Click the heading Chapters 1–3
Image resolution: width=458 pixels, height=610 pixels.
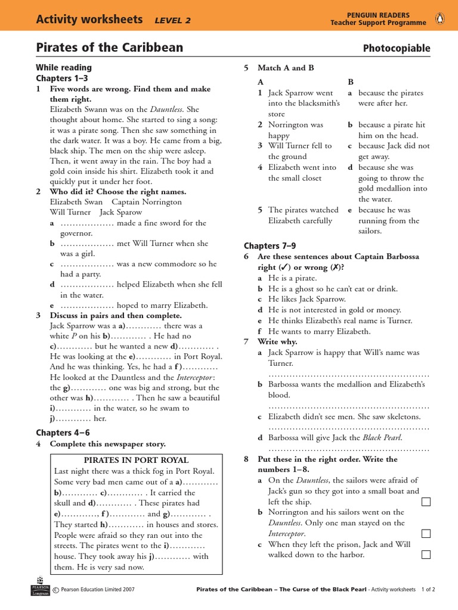click(62, 78)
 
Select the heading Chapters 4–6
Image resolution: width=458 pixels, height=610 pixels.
click(63, 432)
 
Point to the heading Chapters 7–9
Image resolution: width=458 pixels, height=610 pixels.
click(270, 245)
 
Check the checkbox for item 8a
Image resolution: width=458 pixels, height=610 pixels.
click(426, 502)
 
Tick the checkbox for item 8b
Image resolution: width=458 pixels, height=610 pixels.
click(426, 534)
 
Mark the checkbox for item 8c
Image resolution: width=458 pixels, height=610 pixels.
click(426, 555)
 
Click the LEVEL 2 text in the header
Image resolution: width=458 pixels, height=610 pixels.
click(172, 20)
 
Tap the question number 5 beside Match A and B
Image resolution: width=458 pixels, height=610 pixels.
click(246, 68)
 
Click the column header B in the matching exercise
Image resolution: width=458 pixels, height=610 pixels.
click(351, 81)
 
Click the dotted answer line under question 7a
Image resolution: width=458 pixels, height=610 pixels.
click(349, 375)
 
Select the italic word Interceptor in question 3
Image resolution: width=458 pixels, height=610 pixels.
click(196, 377)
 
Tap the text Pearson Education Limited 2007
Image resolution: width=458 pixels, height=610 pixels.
click(97, 590)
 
